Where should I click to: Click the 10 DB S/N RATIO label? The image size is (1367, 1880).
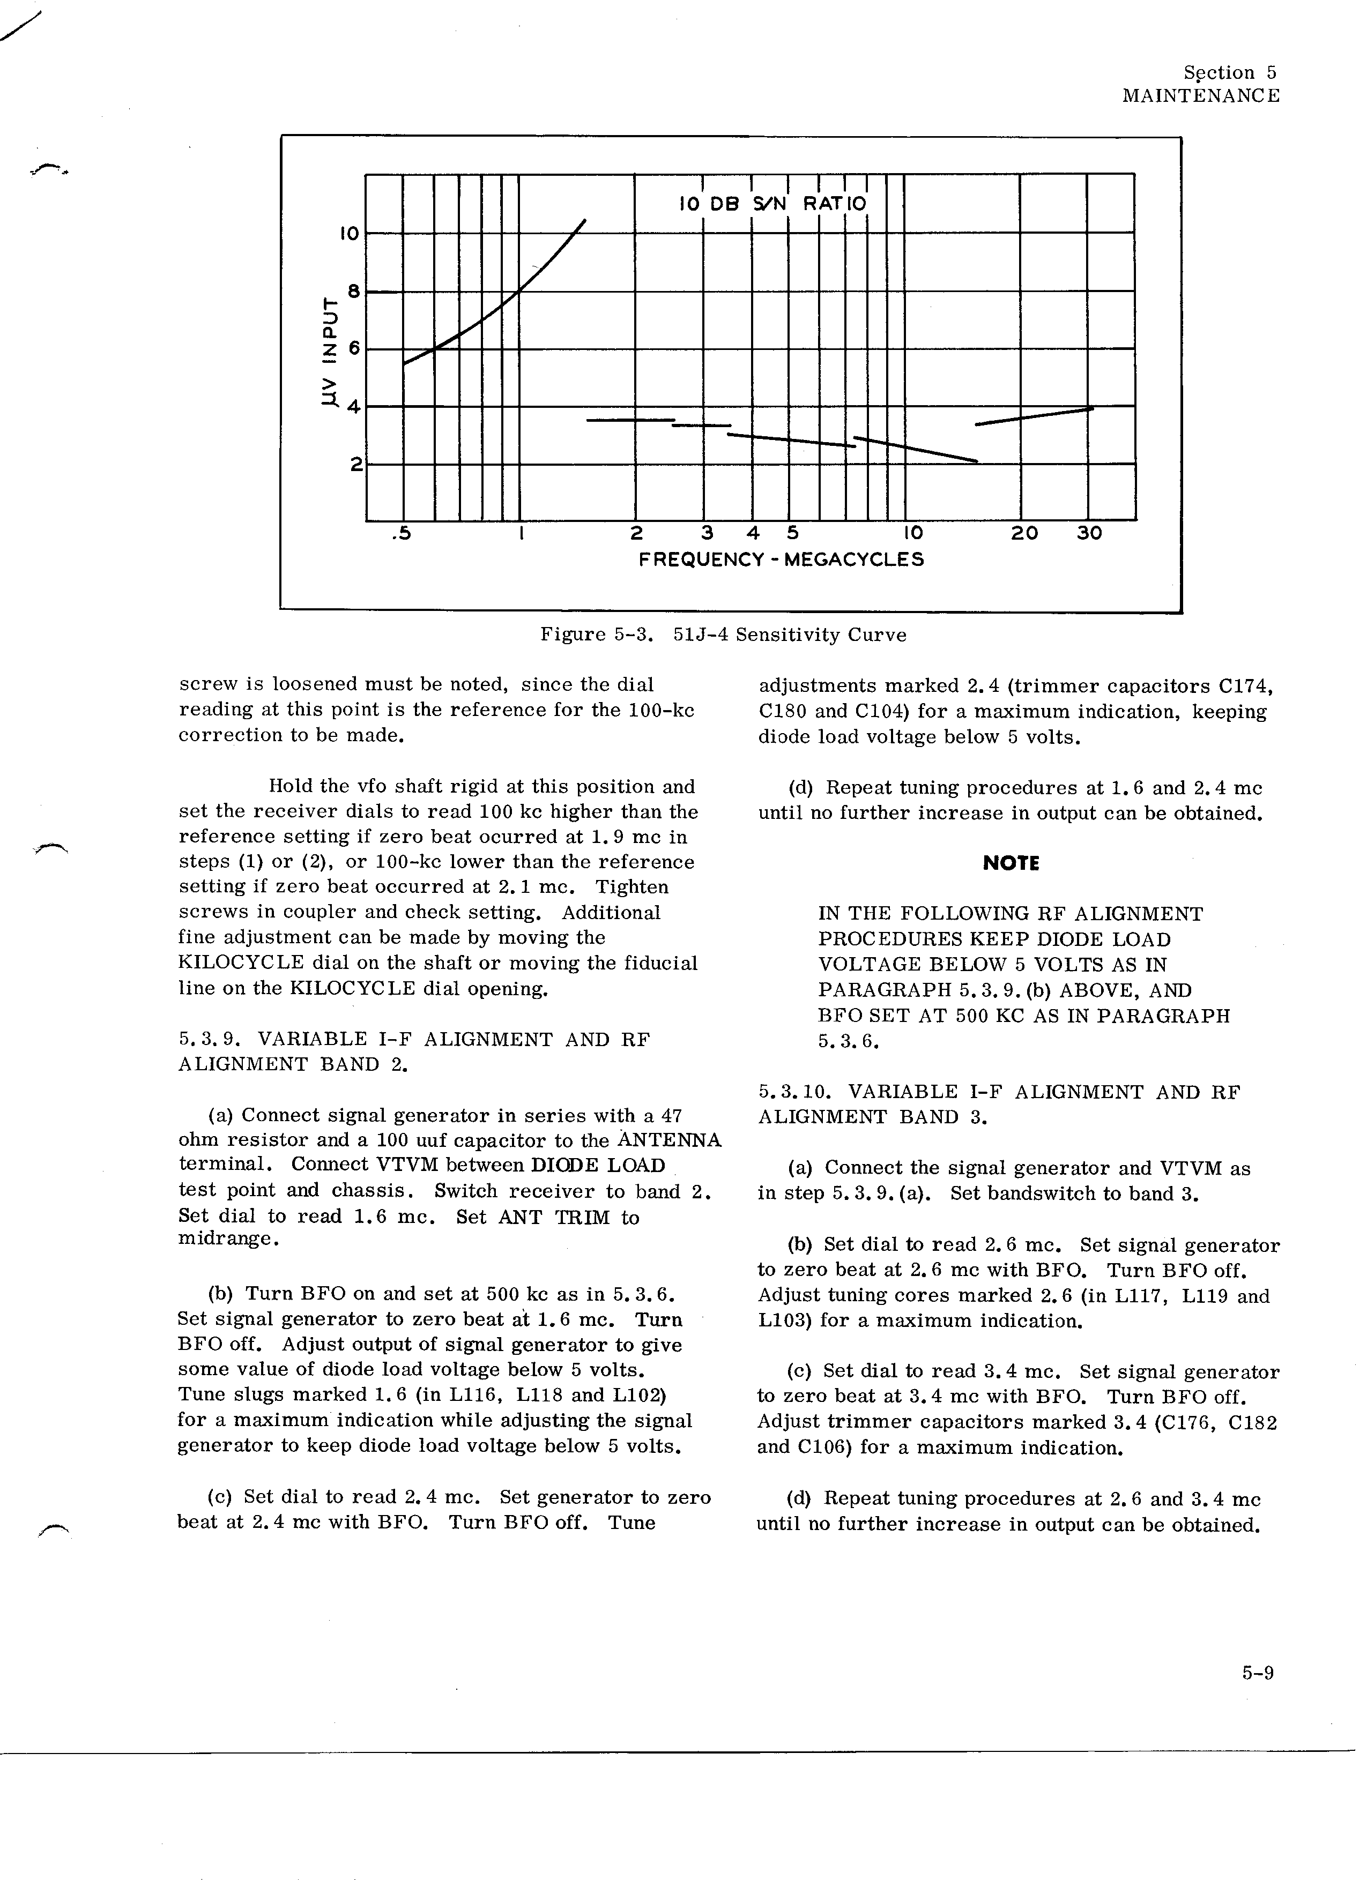click(x=772, y=203)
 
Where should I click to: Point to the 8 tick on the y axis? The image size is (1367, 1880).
click(x=354, y=291)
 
